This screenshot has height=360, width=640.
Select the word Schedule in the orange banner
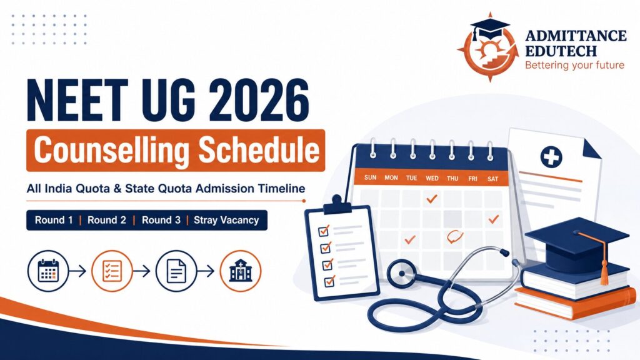tap(259, 150)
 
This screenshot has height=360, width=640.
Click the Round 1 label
tap(54, 221)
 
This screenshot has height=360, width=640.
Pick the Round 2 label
tap(107, 221)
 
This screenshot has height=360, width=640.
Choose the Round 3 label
tap(161, 221)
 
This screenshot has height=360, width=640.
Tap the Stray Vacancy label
tap(226, 221)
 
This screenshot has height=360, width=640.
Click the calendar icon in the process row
tap(49, 271)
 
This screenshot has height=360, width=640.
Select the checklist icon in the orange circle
tap(112, 271)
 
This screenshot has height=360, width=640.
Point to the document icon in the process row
tap(176, 271)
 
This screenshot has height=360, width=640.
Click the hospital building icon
tap(241, 271)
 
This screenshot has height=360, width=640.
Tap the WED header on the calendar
tap(432, 178)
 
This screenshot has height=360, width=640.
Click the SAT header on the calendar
tap(492, 178)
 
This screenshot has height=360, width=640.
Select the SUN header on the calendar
tap(370, 177)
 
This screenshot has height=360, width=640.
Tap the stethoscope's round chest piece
tap(402, 274)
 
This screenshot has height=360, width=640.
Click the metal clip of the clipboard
tap(337, 205)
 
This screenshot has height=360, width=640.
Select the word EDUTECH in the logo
tap(561, 51)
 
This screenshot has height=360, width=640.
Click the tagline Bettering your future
tap(575, 65)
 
